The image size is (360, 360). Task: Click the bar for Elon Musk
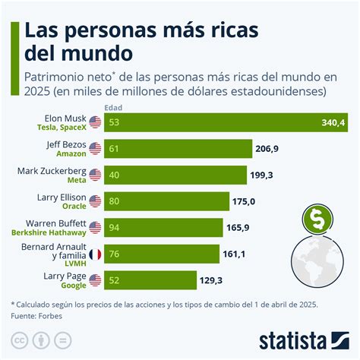click(213, 122)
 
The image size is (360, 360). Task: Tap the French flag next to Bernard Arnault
click(95, 254)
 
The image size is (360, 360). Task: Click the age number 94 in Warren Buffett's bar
click(114, 228)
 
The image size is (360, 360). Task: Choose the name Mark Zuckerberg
click(51, 171)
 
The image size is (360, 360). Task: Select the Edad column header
click(113, 107)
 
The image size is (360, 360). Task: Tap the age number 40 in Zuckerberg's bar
click(114, 175)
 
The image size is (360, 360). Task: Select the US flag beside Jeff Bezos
click(95, 149)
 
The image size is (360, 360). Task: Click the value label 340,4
click(333, 122)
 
